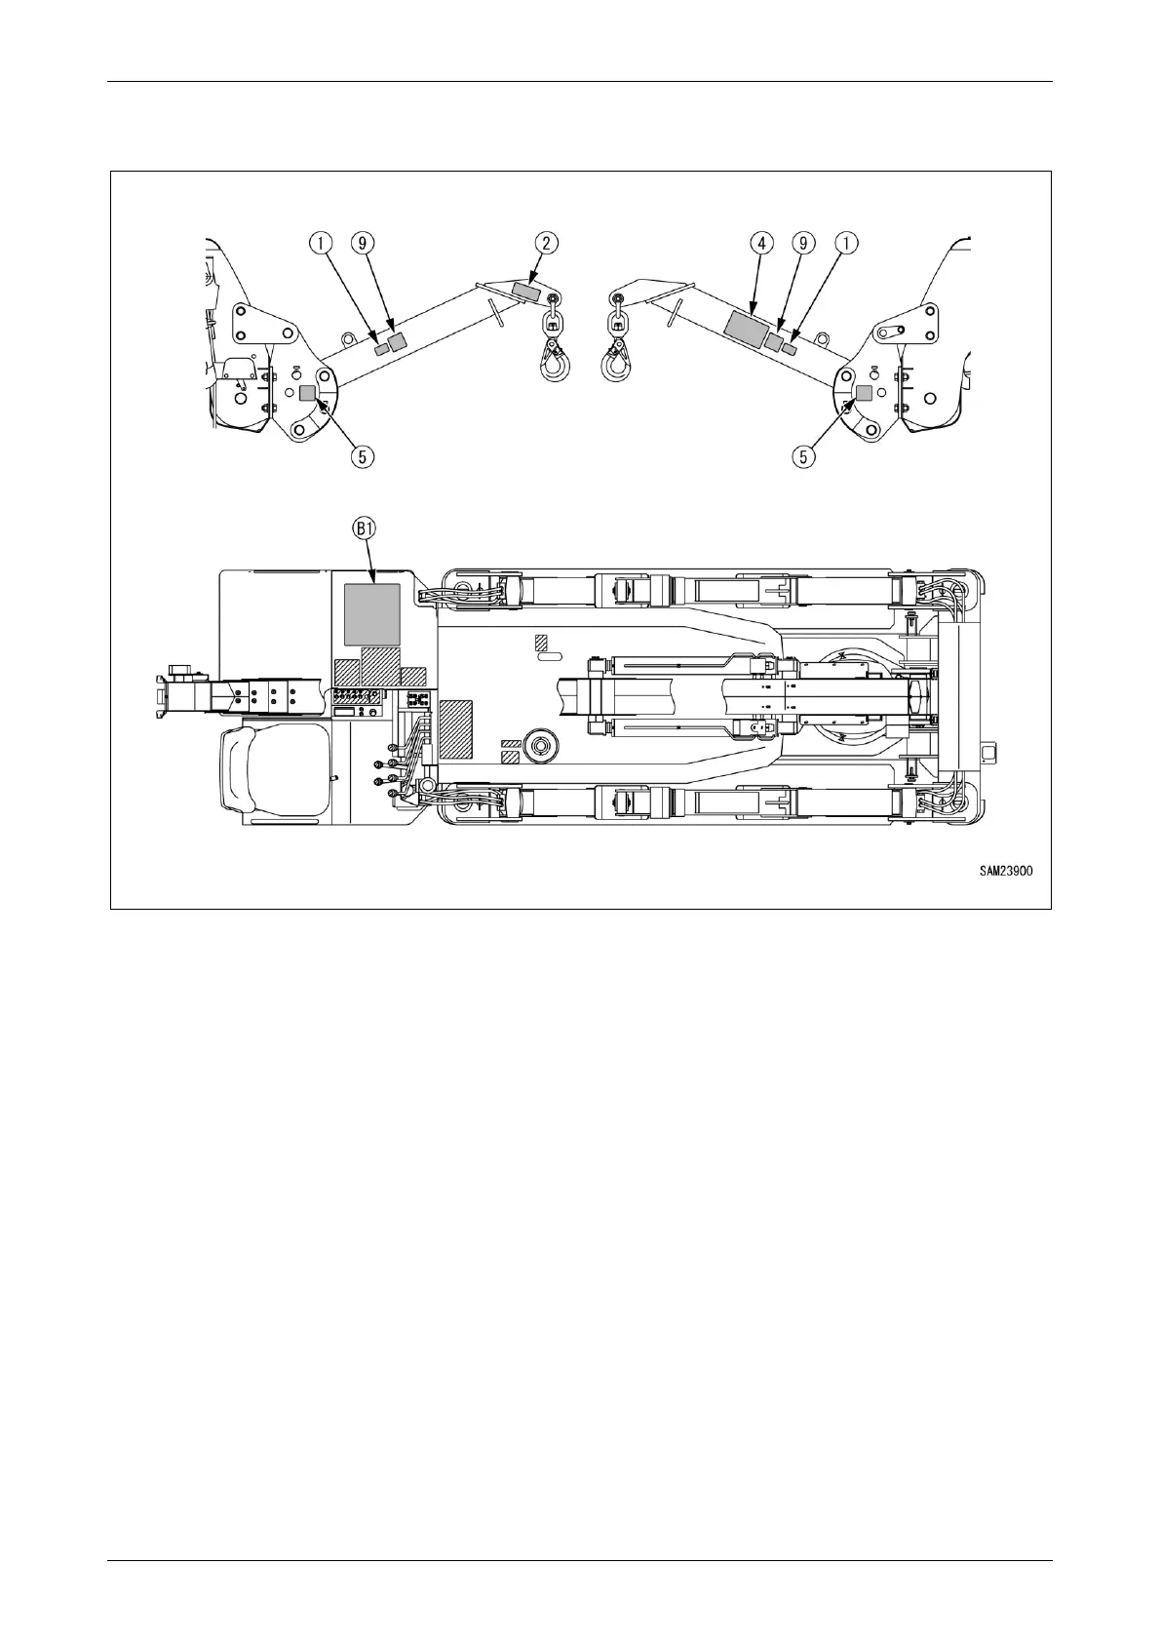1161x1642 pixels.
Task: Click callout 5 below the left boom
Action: (362, 454)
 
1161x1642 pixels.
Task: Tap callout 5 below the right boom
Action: (806, 454)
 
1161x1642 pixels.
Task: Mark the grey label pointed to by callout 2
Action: (525, 292)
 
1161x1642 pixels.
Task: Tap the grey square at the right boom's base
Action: (863, 392)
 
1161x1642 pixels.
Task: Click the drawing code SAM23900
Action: (1006, 873)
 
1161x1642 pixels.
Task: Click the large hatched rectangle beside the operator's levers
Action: (456, 729)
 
